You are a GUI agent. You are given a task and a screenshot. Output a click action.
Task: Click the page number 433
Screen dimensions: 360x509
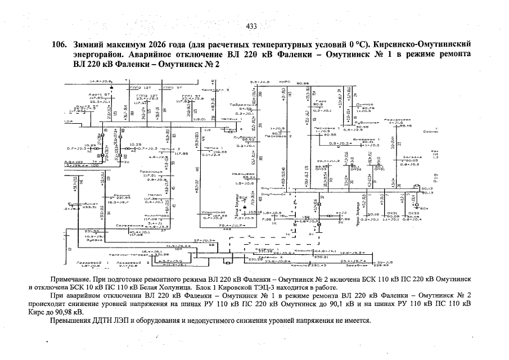pyautogui.click(x=251, y=26)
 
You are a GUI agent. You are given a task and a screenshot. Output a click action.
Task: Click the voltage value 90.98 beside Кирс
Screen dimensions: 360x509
pyautogui.click(x=304, y=83)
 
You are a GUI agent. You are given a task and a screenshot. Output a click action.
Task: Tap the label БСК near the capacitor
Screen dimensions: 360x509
pyautogui.click(x=425, y=208)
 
